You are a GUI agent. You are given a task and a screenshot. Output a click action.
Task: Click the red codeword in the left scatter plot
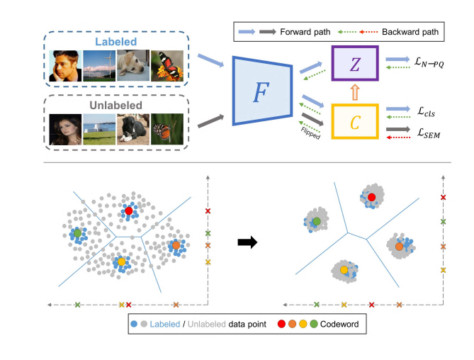pyautogui.click(x=128, y=210)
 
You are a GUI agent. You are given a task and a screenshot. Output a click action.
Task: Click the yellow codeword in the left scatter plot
pyautogui.click(x=121, y=262)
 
